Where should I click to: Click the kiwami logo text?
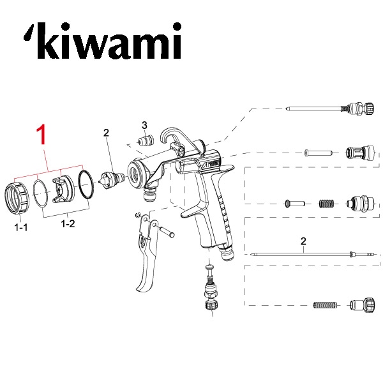click(x=103, y=41)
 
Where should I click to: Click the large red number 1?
click(x=41, y=134)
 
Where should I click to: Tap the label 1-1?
click(x=21, y=228)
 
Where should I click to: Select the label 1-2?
click(x=68, y=224)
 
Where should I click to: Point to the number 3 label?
click(x=144, y=125)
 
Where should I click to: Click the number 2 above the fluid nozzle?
click(x=106, y=133)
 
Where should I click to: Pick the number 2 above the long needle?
click(x=303, y=241)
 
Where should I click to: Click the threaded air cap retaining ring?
click(x=17, y=198)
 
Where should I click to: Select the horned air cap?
click(x=63, y=190)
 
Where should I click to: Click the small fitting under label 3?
click(x=145, y=140)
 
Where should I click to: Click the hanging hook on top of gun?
click(x=171, y=137)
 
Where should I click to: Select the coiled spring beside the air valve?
click(x=326, y=204)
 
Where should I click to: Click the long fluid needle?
click(x=312, y=254)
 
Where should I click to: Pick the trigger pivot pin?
click(x=167, y=232)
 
